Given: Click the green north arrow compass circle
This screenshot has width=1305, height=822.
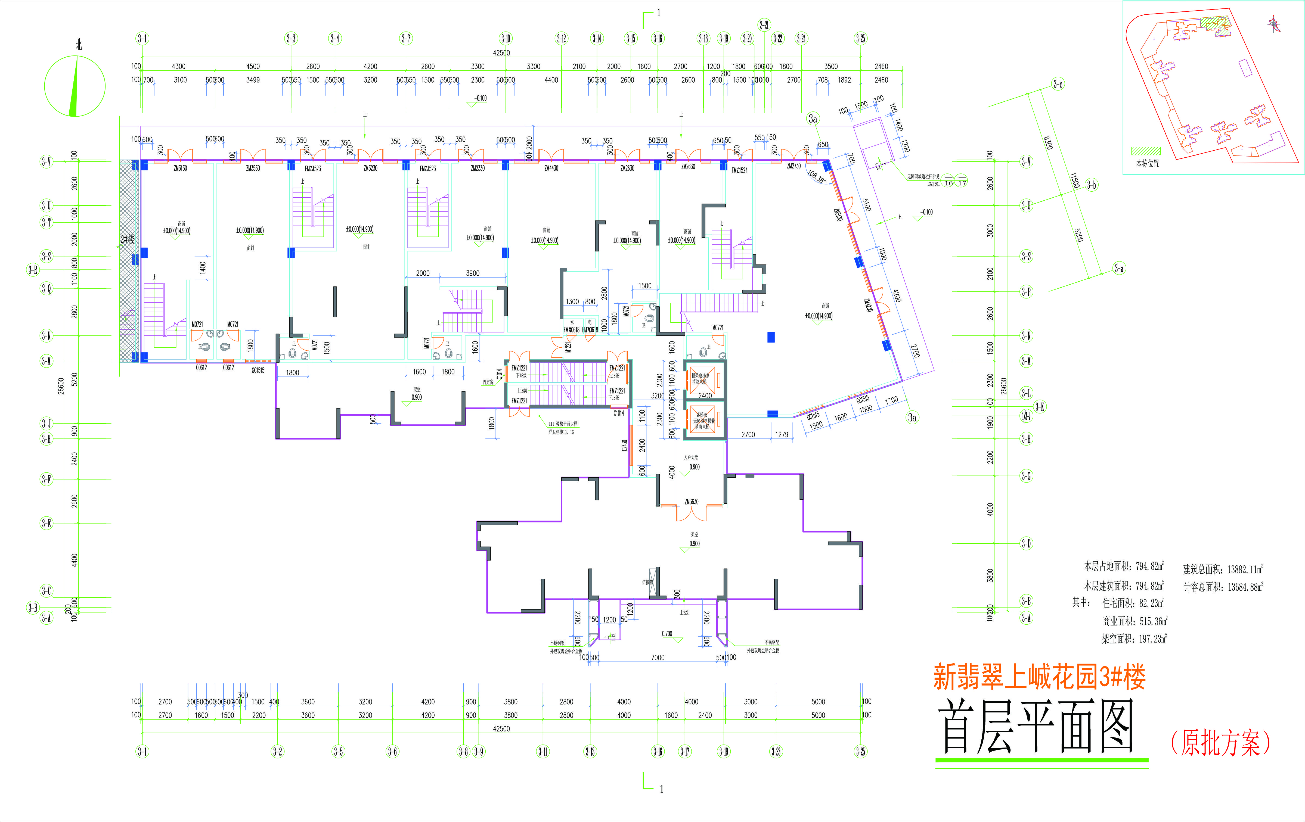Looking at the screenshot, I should tap(75, 86).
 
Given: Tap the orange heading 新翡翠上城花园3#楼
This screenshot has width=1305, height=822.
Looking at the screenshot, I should tap(1039, 677).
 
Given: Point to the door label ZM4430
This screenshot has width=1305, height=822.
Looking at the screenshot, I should tap(551, 169).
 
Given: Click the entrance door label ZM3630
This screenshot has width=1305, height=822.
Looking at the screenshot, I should tap(692, 502).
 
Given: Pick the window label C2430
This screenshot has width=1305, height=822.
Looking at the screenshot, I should tap(624, 446).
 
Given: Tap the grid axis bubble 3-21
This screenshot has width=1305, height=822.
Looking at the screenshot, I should tap(764, 25).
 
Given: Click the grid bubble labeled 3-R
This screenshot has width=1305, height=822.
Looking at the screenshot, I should tap(33, 270).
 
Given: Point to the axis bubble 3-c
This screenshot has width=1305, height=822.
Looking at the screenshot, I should tap(1057, 84).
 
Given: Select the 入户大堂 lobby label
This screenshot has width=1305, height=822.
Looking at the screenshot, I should tap(691, 458).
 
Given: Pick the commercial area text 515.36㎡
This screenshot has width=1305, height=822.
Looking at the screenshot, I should tap(1153, 621).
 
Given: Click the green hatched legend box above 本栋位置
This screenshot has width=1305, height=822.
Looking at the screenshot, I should tap(1146, 151).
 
